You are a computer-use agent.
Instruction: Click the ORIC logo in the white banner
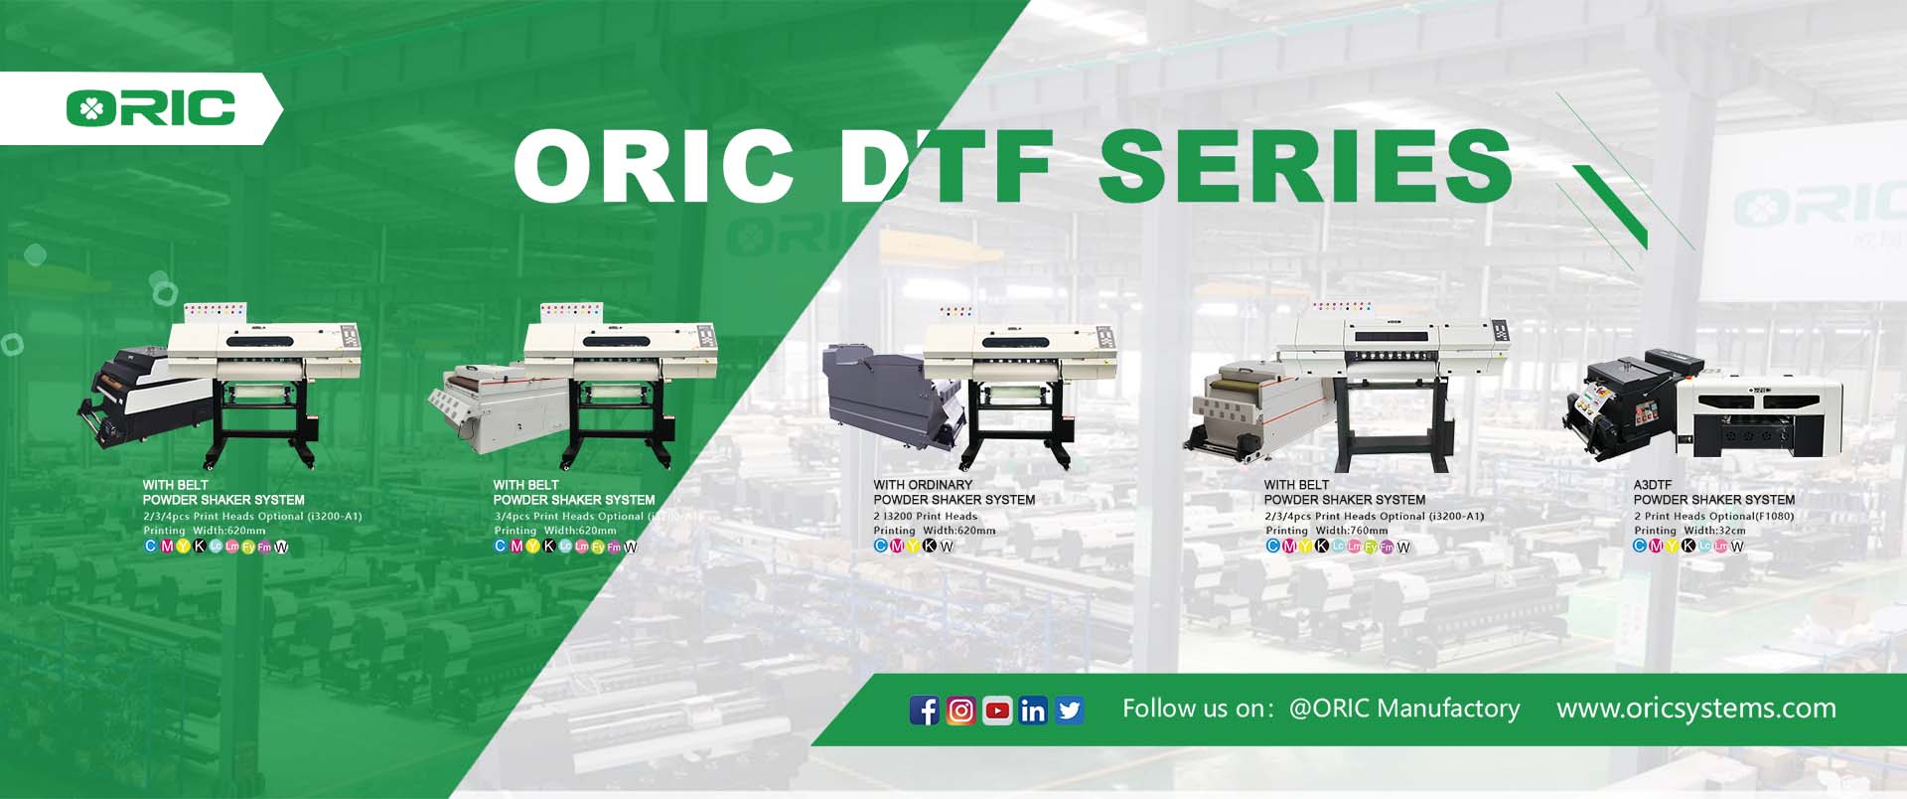click(151, 107)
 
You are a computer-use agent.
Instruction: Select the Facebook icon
click(924, 711)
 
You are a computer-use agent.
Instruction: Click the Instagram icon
click(960, 711)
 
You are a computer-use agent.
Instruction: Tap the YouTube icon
click(997, 711)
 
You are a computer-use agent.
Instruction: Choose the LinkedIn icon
click(1033, 711)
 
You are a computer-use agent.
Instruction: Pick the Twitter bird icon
click(1070, 711)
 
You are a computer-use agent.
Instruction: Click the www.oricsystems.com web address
click(1695, 709)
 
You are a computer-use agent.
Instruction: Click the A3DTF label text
click(1653, 485)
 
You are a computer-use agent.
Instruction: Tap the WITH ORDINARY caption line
click(923, 485)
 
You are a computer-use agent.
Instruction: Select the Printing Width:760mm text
click(1326, 531)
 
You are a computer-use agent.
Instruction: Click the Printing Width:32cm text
click(1689, 531)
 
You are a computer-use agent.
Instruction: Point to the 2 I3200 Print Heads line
click(926, 516)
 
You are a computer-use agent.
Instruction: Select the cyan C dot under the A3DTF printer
click(1640, 546)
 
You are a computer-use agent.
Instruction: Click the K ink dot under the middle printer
click(930, 546)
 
